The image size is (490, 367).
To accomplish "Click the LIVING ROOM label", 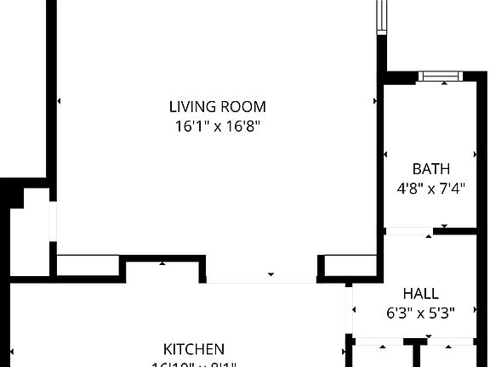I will pyautogui.click(x=217, y=107).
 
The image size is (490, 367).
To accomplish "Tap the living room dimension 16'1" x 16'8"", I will pyautogui.click(x=217, y=126).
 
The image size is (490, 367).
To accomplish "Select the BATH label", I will pyautogui.click(x=430, y=168).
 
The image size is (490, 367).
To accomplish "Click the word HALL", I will pyautogui.click(x=420, y=294).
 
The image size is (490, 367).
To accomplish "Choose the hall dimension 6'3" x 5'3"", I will pyautogui.click(x=420, y=313).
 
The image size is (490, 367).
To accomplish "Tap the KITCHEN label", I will pyautogui.click(x=194, y=348).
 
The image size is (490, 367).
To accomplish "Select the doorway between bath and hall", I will pyautogui.click(x=409, y=231).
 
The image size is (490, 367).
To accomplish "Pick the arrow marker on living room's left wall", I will pyautogui.click(x=59, y=101).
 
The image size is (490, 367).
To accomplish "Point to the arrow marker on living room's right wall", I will pyautogui.click(x=375, y=101).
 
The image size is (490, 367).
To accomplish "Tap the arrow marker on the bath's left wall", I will pyautogui.click(x=385, y=155).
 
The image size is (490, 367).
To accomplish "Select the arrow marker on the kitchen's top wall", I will pyautogui.click(x=163, y=263).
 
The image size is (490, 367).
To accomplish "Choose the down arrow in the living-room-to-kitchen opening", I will pyautogui.click(x=271, y=274).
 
